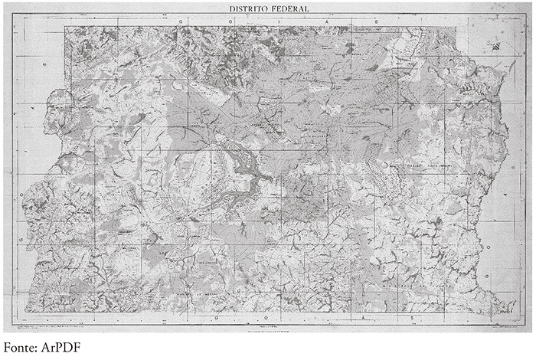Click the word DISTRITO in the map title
click(248, 9)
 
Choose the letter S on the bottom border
click(411, 316)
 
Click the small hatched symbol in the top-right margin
click(491, 47)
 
